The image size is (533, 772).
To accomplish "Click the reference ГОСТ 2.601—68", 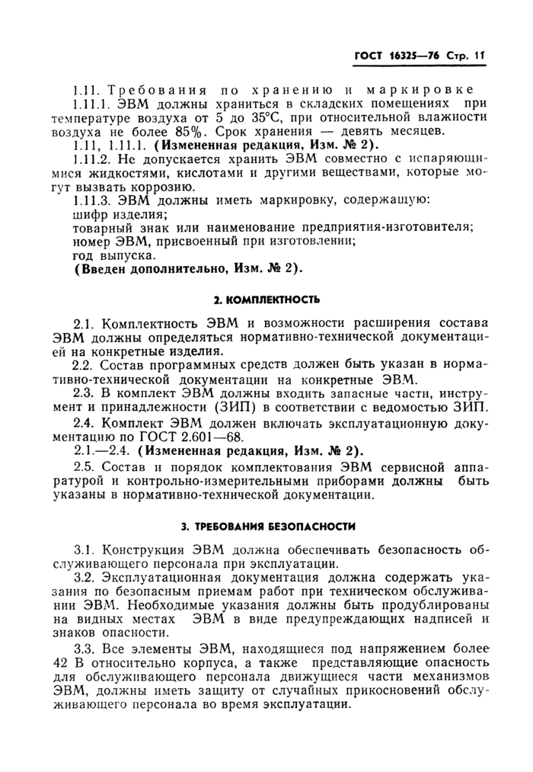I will coord(169,435).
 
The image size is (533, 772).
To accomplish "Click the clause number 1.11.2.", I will coord(91,159).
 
